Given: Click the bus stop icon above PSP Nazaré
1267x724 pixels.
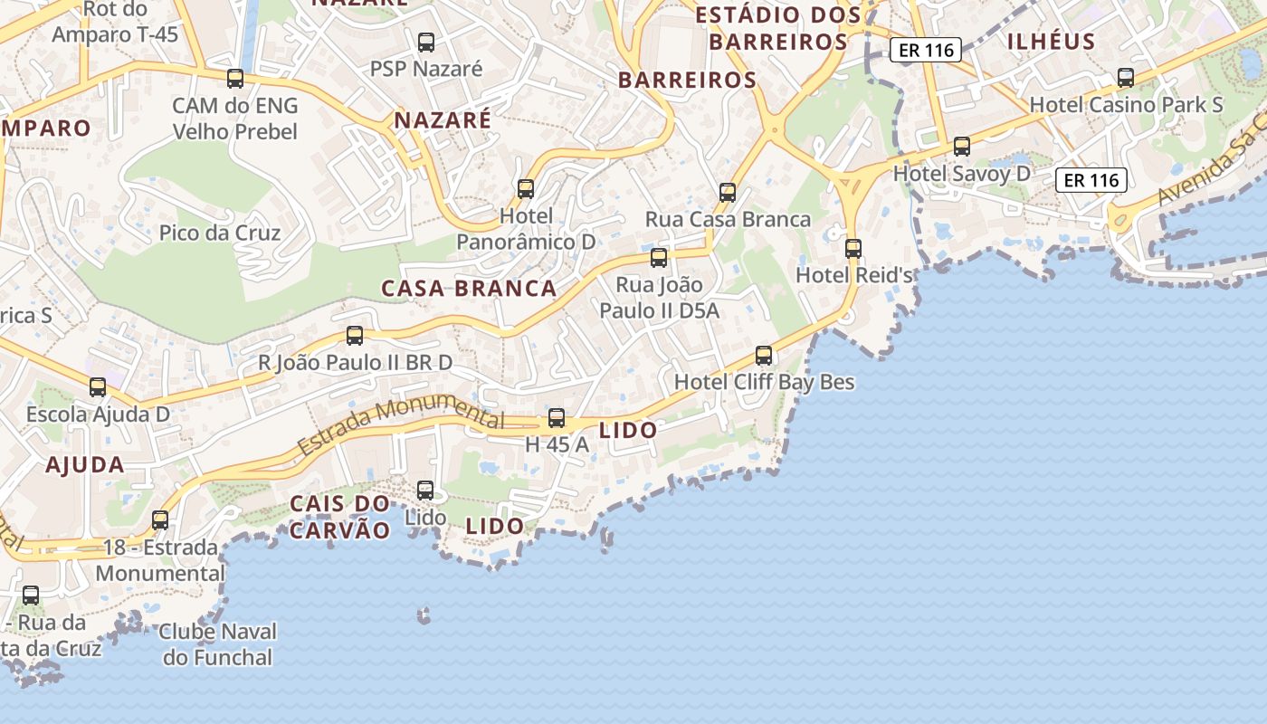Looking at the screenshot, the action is tap(425, 42).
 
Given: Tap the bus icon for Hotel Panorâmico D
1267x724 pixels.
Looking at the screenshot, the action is tap(526, 189).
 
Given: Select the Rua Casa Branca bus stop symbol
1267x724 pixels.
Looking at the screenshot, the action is tap(728, 192).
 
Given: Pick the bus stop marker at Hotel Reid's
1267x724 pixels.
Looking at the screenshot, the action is tap(853, 248).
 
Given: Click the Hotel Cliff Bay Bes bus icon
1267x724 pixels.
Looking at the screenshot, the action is tap(764, 355).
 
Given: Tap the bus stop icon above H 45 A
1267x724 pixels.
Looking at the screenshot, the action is tap(557, 418).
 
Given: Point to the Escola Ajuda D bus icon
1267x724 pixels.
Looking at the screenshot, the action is tap(98, 387).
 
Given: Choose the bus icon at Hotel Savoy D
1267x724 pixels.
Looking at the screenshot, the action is tap(962, 146).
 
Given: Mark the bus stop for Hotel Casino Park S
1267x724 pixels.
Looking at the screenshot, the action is tap(1126, 78).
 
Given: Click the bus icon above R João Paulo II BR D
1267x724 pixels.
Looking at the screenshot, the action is tap(355, 336).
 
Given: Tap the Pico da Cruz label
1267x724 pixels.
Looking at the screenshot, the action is tap(220, 233).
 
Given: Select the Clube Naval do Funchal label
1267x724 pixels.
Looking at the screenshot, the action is tap(218, 644).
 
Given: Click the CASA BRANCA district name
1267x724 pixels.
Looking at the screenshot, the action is tap(469, 289).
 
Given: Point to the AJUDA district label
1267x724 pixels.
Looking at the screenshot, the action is tap(85, 465).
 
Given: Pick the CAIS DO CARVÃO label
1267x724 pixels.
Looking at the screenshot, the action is tap(340, 517).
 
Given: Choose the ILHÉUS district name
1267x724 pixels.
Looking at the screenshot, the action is tap(1052, 42).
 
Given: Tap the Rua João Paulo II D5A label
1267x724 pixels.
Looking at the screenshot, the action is tap(660, 298).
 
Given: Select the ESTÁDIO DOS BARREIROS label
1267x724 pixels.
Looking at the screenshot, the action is tap(778, 28).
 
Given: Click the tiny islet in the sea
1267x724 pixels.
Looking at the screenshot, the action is tap(423, 616).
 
